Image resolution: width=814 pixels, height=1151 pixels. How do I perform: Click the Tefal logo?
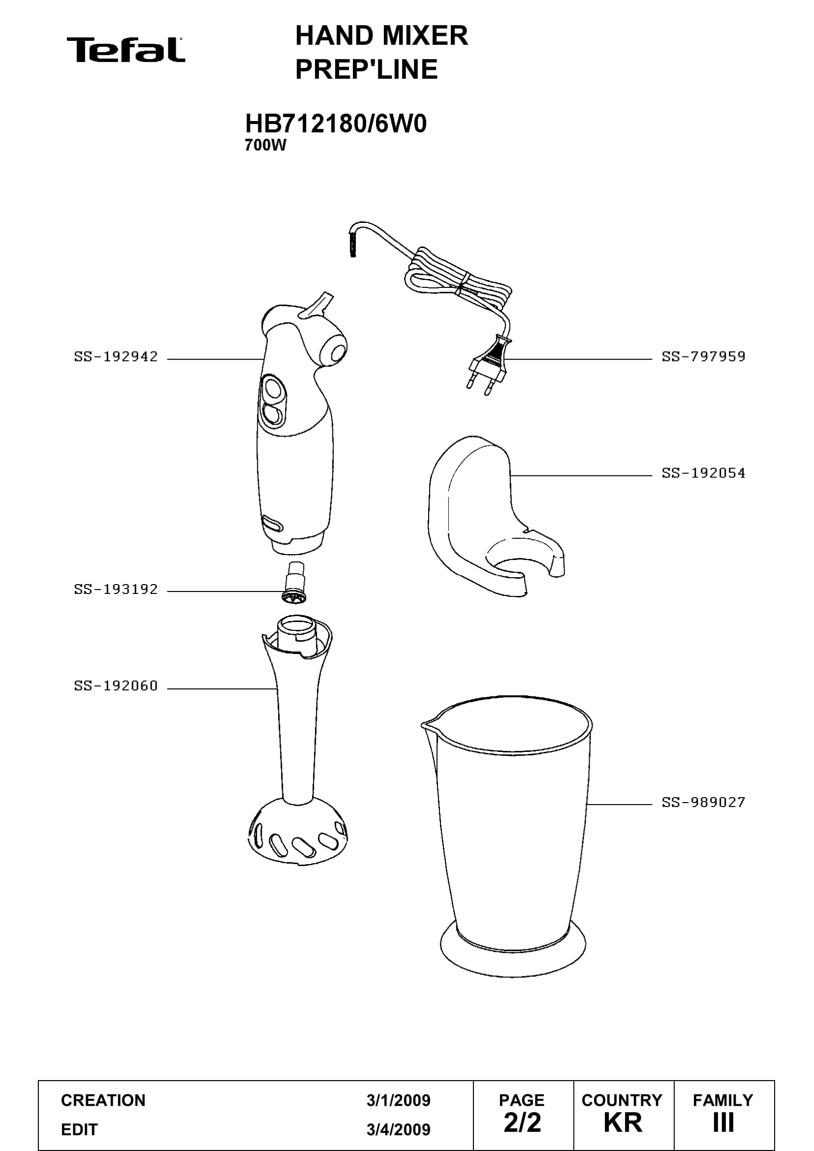coord(126,50)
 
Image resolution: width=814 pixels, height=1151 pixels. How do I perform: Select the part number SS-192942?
coord(116,356)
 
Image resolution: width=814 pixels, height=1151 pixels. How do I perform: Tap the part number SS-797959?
coord(703,356)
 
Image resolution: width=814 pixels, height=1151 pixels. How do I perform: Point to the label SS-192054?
coord(703,473)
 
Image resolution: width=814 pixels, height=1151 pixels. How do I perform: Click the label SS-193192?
coord(116,589)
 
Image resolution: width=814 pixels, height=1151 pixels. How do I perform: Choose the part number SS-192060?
coord(116,685)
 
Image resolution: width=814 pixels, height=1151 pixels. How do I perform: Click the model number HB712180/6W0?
coord(335,124)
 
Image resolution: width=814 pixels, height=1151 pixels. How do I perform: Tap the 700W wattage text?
coord(265,145)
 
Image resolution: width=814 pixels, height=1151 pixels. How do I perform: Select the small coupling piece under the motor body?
coord(295,582)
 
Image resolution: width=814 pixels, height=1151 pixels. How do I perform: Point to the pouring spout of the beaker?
coord(429,724)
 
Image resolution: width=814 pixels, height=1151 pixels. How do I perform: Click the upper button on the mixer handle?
coord(273,389)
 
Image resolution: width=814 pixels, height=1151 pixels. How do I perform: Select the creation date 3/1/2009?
coord(399,1100)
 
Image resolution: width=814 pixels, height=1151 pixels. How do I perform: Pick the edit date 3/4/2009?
coord(399,1129)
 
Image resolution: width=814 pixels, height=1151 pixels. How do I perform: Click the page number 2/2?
coord(522,1123)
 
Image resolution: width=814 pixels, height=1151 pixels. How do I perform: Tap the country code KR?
coord(623,1123)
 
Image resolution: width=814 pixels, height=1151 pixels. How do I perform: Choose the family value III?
coord(723,1123)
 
